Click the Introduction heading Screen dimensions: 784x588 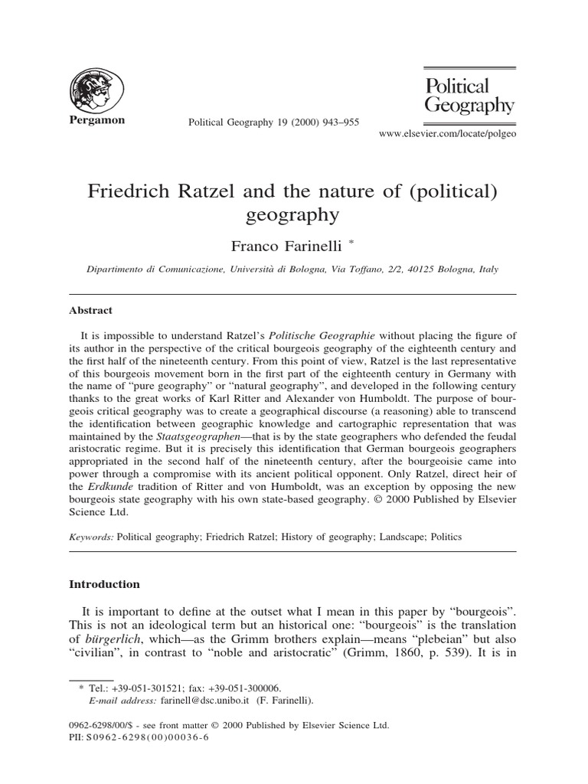click(105, 583)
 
